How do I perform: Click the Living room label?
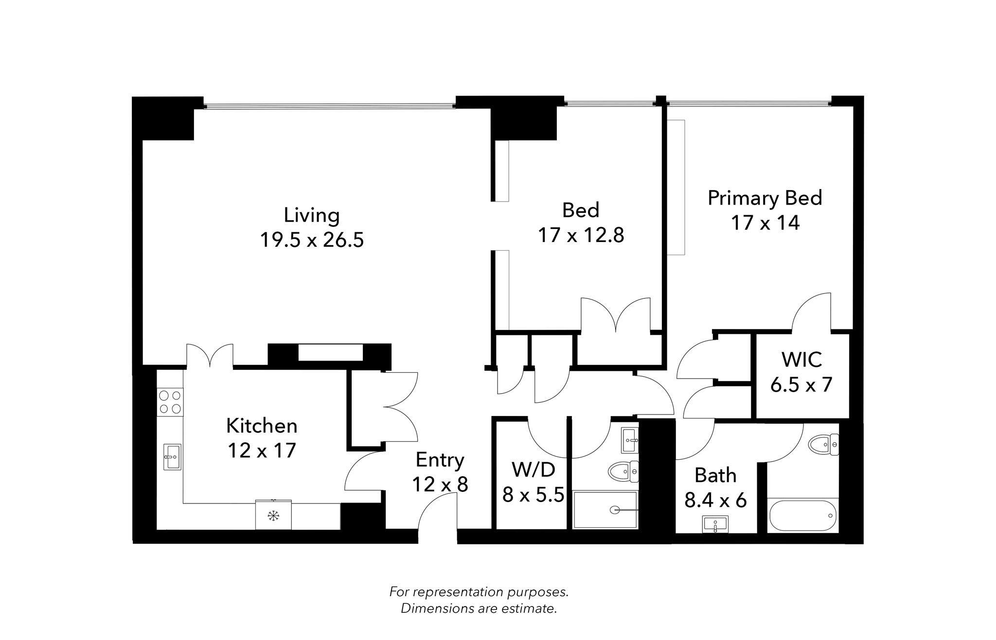[311, 215]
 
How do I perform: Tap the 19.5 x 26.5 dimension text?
[311, 240]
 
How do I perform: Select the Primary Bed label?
[764, 198]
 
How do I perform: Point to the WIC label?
[801, 360]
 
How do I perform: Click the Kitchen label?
[262, 426]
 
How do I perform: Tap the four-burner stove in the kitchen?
[170, 402]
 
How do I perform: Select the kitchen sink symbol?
[172, 457]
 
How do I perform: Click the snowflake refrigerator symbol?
[273, 516]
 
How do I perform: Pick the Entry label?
[440, 460]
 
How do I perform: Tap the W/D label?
[533, 470]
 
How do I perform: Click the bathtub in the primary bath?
[802, 516]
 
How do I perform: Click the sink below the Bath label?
[715, 524]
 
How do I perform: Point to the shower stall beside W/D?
[605, 510]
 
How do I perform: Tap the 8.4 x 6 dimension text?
[715, 501]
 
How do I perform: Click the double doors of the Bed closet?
[616, 316]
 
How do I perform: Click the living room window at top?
[329, 105]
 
